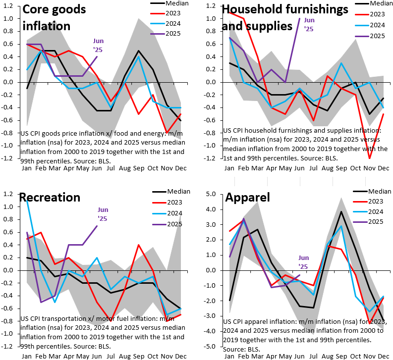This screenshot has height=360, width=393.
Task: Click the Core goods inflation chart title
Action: (x=55, y=17)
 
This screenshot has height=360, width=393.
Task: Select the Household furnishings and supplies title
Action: (x=285, y=17)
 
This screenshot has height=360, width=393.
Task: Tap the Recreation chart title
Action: (x=50, y=197)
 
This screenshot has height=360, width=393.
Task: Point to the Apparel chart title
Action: (x=248, y=198)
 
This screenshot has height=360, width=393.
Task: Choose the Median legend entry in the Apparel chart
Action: (x=375, y=191)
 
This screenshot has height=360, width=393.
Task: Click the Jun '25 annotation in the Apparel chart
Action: (x=304, y=261)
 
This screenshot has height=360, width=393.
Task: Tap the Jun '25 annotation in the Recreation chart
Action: (x=103, y=213)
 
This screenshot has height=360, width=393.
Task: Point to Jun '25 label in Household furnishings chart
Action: (x=309, y=24)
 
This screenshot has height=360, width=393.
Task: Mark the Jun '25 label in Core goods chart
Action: (x=97, y=45)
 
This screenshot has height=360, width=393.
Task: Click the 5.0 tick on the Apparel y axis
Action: (x=210, y=194)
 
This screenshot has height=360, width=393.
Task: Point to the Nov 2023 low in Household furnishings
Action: (x=369, y=158)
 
